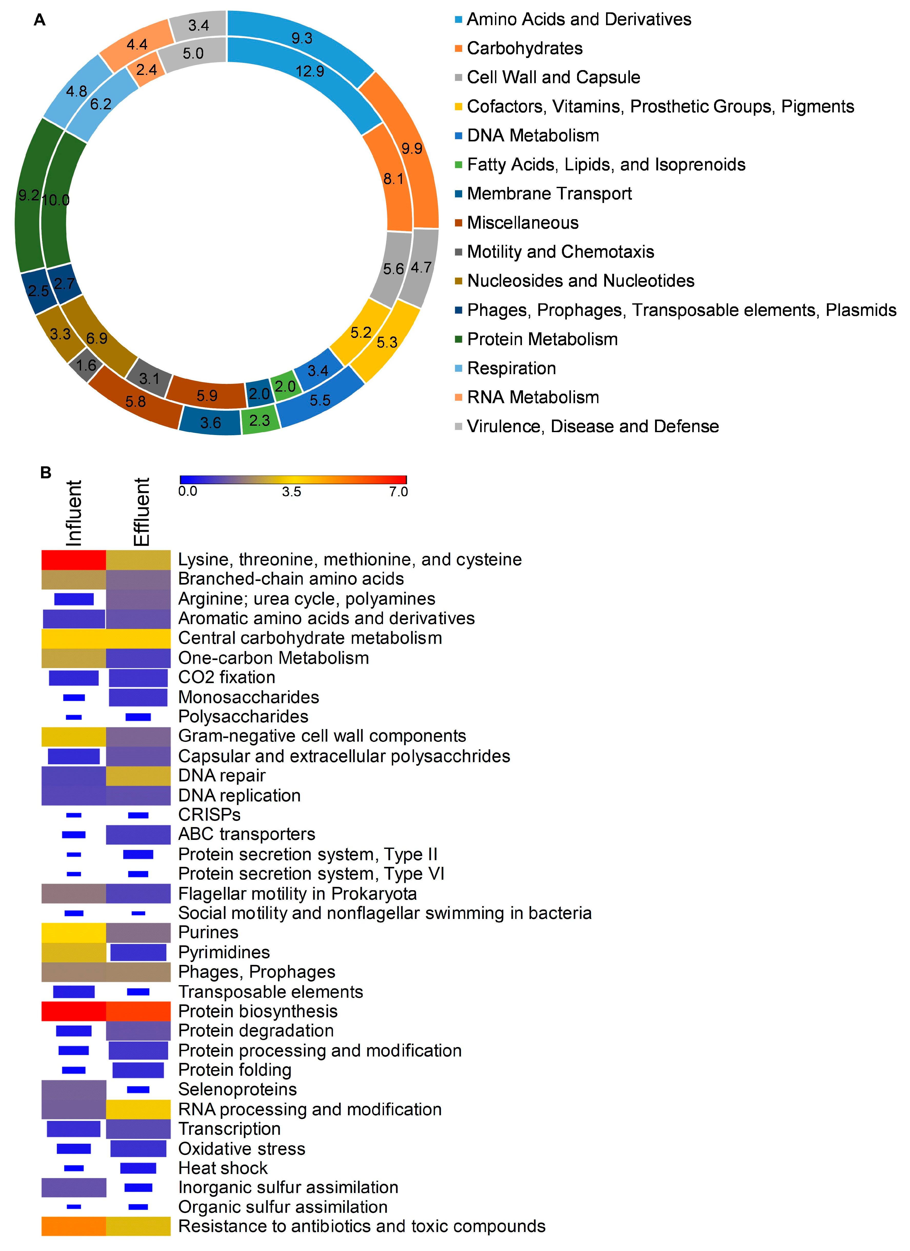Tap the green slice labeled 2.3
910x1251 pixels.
pos(260,421)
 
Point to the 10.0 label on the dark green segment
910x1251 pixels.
pos(56,200)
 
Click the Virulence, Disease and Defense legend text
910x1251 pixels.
pos(592,426)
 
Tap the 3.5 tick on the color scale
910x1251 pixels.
pos(292,491)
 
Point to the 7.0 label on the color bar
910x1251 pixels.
pos(398,491)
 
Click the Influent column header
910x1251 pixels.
pos(74,513)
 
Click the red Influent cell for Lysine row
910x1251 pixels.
pos(74,560)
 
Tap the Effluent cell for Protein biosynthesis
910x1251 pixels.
pos(138,1011)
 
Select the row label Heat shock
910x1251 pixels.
pos(223,1168)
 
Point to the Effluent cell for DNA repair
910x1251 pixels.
pos(138,775)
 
